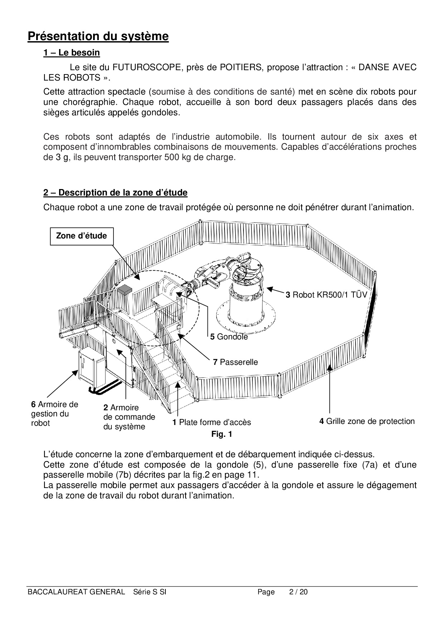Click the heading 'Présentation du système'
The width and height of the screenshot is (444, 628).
click(98, 37)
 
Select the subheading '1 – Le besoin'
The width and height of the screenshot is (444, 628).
click(72, 53)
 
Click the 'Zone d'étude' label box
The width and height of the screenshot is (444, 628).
click(82, 236)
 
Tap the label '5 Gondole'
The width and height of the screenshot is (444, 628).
click(229, 337)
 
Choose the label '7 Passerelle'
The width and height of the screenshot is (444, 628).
click(235, 362)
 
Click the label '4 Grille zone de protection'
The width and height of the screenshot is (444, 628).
click(367, 421)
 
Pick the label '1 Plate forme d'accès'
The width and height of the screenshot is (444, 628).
click(212, 422)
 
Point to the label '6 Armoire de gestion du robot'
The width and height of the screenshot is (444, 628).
click(54, 414)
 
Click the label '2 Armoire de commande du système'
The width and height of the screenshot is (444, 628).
click(129, 417)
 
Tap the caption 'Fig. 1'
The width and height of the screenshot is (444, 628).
click(222, 434)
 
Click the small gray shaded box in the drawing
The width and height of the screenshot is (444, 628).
click(125, 290)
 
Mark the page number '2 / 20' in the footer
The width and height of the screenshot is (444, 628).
click(298, 592)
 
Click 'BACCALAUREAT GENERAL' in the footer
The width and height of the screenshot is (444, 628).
click(76, 592)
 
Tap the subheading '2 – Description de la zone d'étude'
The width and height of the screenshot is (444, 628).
click(115, 193)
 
